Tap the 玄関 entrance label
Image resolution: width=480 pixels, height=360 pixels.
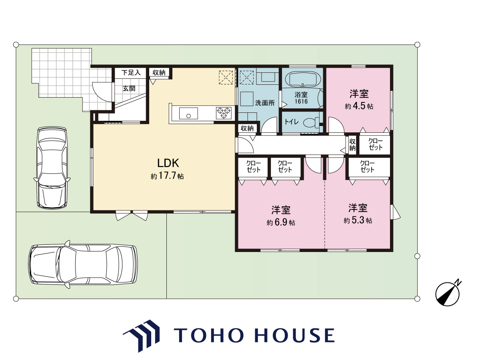(x=129, y=88)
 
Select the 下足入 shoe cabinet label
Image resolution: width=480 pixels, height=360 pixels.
(x=131, y=72)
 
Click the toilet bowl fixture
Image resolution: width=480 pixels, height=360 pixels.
(x=312, y=122)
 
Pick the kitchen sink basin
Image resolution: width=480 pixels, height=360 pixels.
(x=188, y=114)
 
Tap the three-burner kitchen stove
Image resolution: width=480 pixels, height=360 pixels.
(x=224, y=113)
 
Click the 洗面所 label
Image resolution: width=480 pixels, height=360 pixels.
(x=265, y=103)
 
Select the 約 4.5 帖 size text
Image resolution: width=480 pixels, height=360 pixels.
(x=359, y=106)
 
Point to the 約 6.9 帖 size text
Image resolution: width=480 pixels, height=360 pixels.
(x=281, y=222)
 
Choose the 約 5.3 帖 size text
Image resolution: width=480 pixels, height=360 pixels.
(x=358, y=220)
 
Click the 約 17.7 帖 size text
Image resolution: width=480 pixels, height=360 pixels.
(x=167, y=176)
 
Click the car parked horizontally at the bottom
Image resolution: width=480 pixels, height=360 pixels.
(x=83, y=264)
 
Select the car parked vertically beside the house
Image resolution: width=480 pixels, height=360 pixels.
(x=52, y=168)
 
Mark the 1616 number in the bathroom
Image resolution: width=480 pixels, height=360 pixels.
(x=301, y=102)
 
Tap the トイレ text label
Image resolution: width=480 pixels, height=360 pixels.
(x=291, y=122)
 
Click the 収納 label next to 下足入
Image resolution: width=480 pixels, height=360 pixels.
(x=159, y=72)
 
